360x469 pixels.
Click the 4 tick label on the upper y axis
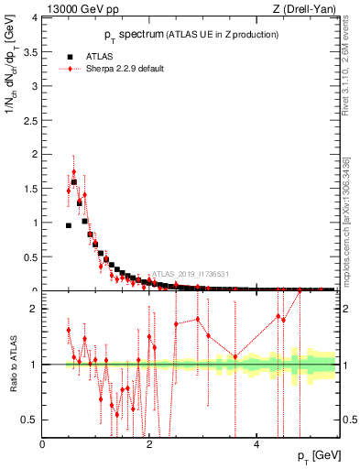point(36,17)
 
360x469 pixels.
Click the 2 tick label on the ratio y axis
point(36,309)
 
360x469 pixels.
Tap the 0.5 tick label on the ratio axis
point(31,420)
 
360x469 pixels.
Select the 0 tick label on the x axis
point(43,443)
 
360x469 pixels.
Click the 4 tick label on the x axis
point(256,443)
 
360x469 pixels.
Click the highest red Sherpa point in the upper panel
point(73,172)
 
